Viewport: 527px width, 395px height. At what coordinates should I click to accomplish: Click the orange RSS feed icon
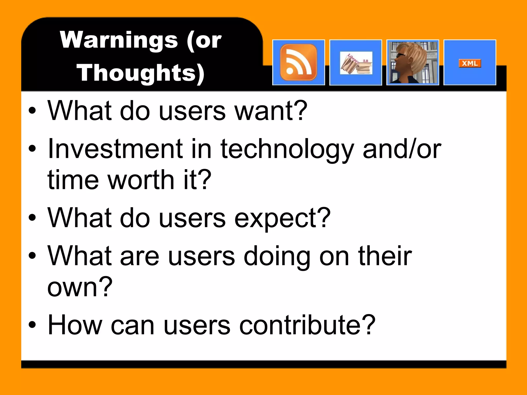click(298, 62)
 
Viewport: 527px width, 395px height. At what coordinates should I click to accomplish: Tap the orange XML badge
click(470, 63)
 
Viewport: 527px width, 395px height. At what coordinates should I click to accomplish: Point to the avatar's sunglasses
click(400, 55)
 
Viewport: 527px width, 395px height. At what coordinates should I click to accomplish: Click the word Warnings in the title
click(119, 40)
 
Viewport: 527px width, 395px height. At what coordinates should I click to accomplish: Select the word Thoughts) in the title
click(140, 73)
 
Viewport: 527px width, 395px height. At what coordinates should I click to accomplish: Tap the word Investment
click(115, 149)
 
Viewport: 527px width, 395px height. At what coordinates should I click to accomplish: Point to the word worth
click(141, 180)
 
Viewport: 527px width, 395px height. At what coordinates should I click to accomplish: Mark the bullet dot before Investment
click(32, 149)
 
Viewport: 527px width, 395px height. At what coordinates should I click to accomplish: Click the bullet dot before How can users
click(32, 325)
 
